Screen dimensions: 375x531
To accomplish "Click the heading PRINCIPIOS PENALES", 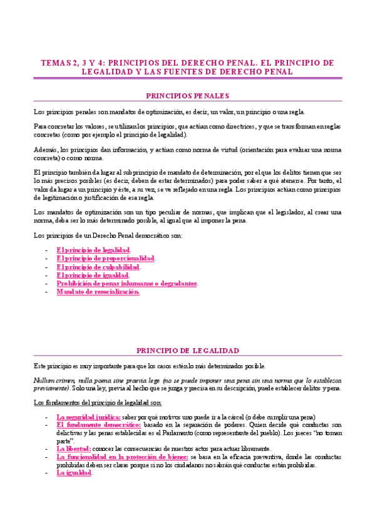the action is click(x=187, y=96).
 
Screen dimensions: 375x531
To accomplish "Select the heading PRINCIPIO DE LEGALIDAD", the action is click(x=187, y=350).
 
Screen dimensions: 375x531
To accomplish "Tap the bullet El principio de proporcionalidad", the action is click(x=105, y=258).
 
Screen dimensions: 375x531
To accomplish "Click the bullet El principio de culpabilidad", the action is click(x=98, y=266).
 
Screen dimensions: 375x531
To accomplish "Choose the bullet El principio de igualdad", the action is click(x=93, y=275).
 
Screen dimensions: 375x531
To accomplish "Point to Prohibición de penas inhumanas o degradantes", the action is click(x=127, y=283).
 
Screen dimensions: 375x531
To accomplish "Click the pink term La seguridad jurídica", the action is click(x=88, y=416).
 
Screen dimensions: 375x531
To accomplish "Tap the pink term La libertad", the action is click(x=74, y=448).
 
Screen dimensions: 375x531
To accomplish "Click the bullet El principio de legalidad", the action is click(x=93, y=250).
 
